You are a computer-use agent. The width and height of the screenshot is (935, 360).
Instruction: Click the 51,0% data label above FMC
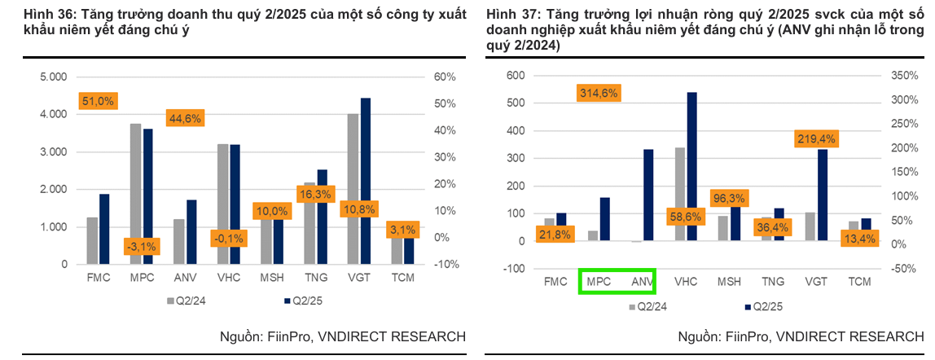[x=98, y=101]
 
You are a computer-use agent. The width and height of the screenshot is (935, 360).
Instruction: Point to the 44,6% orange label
[x=185, y=118]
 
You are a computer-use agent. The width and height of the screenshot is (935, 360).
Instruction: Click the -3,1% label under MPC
[x=143, y=246]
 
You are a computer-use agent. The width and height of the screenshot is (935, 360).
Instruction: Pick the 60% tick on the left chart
[x=444, y=77]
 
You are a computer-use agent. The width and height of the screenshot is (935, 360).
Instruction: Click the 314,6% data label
[x=599, y=93]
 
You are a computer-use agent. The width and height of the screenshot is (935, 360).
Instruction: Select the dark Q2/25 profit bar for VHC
[x=691, y=166]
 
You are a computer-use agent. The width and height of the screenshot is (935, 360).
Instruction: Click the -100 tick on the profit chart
[x=515, y=269]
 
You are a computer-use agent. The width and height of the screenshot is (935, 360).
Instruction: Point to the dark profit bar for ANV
[x=648, y=195]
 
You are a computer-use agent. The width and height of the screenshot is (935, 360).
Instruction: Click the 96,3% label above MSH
[x=730, y=197]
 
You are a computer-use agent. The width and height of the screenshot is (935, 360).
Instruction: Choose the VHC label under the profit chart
[x=686, y=283]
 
